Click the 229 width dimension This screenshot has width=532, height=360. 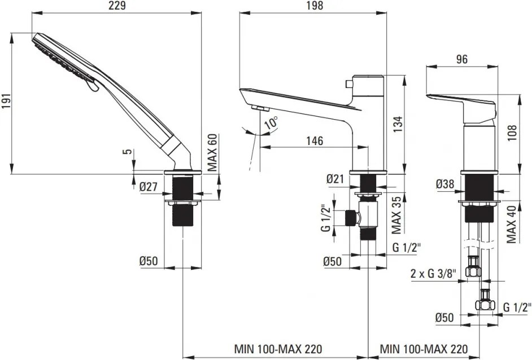(x=116, y=6)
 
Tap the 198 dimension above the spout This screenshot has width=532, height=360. (x=314, y=6)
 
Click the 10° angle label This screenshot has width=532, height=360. (x=272, y=122)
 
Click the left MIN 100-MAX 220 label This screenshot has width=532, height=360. (x=278, y=349)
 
